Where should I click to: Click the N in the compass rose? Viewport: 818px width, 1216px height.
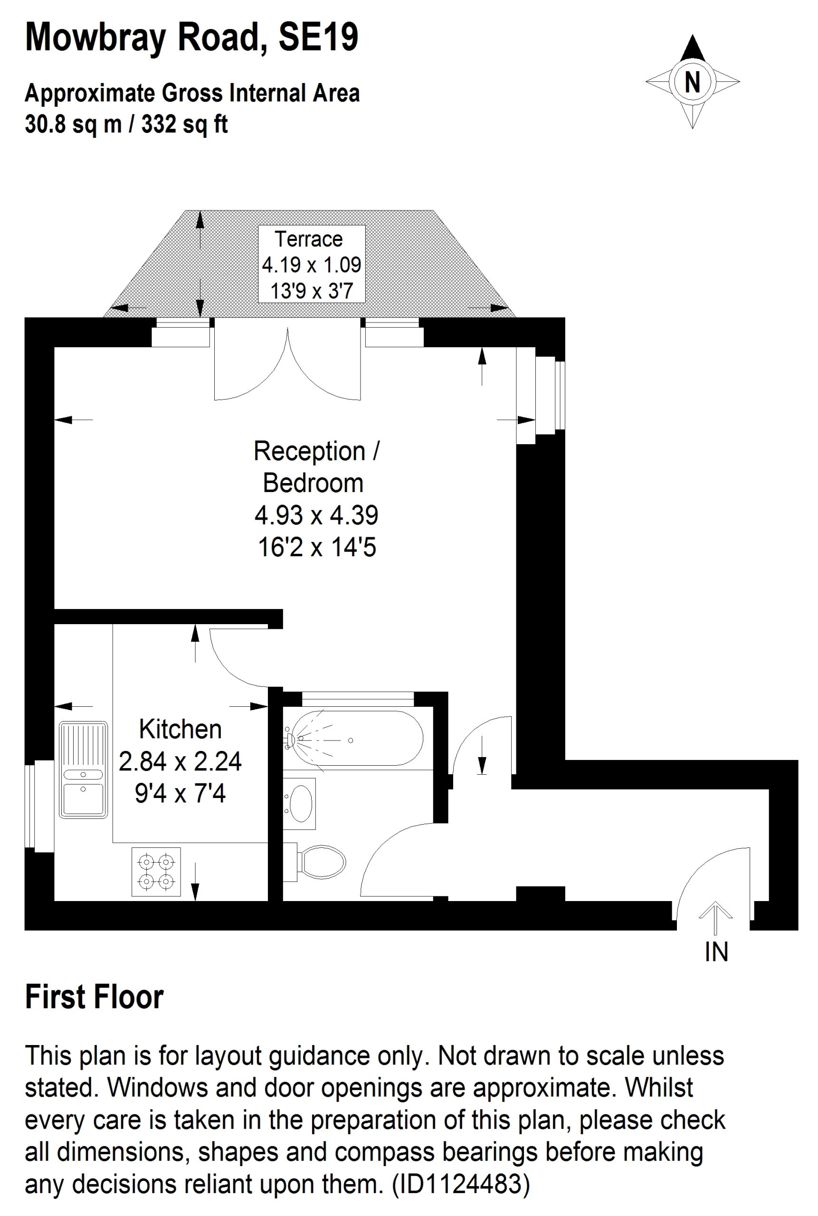692,81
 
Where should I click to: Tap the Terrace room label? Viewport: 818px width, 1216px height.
309,239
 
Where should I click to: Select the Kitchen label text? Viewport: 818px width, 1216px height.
181,729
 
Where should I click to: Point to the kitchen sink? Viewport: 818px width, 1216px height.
84,769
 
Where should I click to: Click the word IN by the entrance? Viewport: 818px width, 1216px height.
716,952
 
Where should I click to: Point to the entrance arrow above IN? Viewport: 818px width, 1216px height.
716,918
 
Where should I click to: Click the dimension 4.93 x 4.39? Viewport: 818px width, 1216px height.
316,515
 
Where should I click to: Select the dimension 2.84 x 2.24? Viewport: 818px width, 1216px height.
181,761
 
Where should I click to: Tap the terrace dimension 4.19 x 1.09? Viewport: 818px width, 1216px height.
312,265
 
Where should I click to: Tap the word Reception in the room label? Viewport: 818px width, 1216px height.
309,451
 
